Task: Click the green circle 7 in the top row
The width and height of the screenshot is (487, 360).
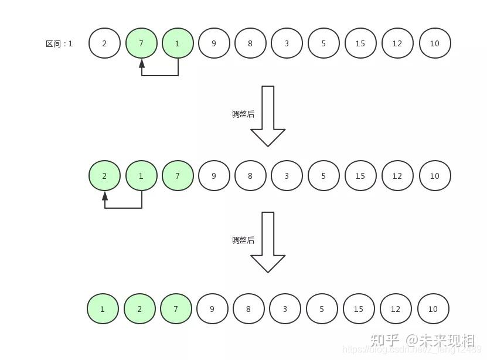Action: [x=141, y=43]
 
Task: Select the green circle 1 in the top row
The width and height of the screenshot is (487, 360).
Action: [x=178, y=43]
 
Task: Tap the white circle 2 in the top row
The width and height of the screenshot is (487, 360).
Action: [x=104, y=43]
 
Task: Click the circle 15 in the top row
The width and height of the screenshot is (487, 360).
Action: [x=360, y=43]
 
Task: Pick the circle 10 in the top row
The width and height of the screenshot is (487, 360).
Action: [x=434, y=43]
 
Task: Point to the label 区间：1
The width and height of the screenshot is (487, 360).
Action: [x=59, y=43]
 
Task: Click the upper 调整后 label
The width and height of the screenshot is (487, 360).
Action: [x=243, y=114]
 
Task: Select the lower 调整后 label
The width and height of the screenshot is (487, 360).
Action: [x=243, y=240]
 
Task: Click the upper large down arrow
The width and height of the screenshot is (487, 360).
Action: [x=268, y=116]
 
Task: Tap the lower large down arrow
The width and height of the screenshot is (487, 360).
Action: [x=268, y=242]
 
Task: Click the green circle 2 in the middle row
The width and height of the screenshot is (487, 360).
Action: [x=104, y=176]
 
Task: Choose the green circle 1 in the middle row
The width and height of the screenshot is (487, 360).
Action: [x=141, y=176]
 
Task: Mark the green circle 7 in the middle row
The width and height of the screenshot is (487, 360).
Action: [x=178, y=176]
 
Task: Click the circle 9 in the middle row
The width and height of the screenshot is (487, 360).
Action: [x=214, y=176]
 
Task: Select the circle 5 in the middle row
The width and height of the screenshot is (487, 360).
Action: [x=323, y=176]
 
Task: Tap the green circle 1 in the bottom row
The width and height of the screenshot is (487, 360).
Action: [x=103, y=309]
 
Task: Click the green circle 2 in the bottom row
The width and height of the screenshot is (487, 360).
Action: [x=139, y=309]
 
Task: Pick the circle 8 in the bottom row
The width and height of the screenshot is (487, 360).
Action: [x=248, y=309]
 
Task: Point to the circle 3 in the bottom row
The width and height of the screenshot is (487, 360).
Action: [x=285, y=309]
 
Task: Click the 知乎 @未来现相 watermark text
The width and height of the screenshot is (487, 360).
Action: [x=422, y=340]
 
